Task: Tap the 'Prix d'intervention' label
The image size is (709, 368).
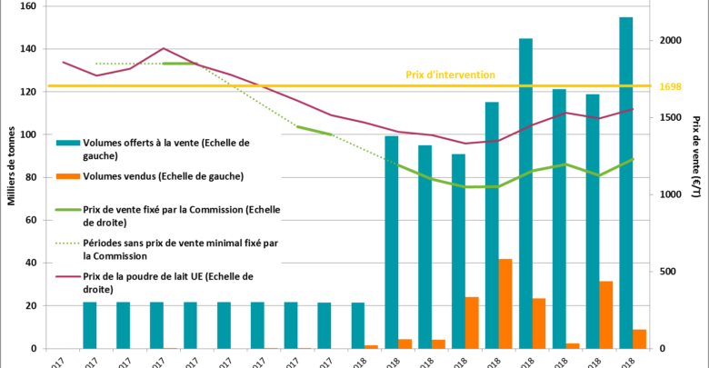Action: coord(450,75)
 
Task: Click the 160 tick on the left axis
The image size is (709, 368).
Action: coord(26,6)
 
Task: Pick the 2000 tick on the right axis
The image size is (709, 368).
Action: coord(669,41)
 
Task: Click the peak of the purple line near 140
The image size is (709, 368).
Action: coord(164,48)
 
